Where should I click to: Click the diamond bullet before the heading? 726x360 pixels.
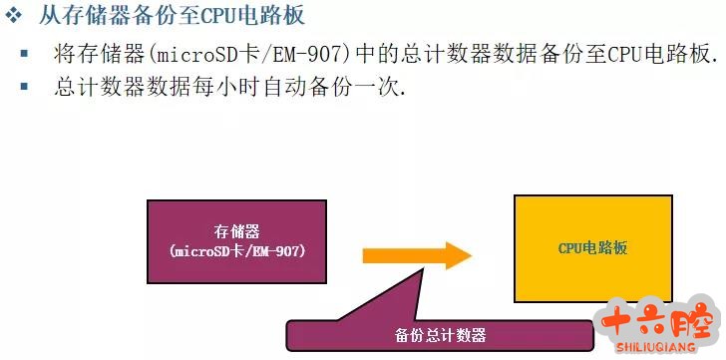(13, 16)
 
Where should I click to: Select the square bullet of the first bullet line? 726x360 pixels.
(24, 54)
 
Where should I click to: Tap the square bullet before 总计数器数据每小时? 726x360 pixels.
(24, 86)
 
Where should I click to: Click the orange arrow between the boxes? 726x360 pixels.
(417, 255)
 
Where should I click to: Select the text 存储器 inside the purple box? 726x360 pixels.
(236, 231)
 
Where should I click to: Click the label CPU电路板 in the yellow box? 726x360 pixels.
(592, 248)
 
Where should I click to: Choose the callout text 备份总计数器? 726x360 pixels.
(441, 335)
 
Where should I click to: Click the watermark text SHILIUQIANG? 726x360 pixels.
(655, 347)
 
